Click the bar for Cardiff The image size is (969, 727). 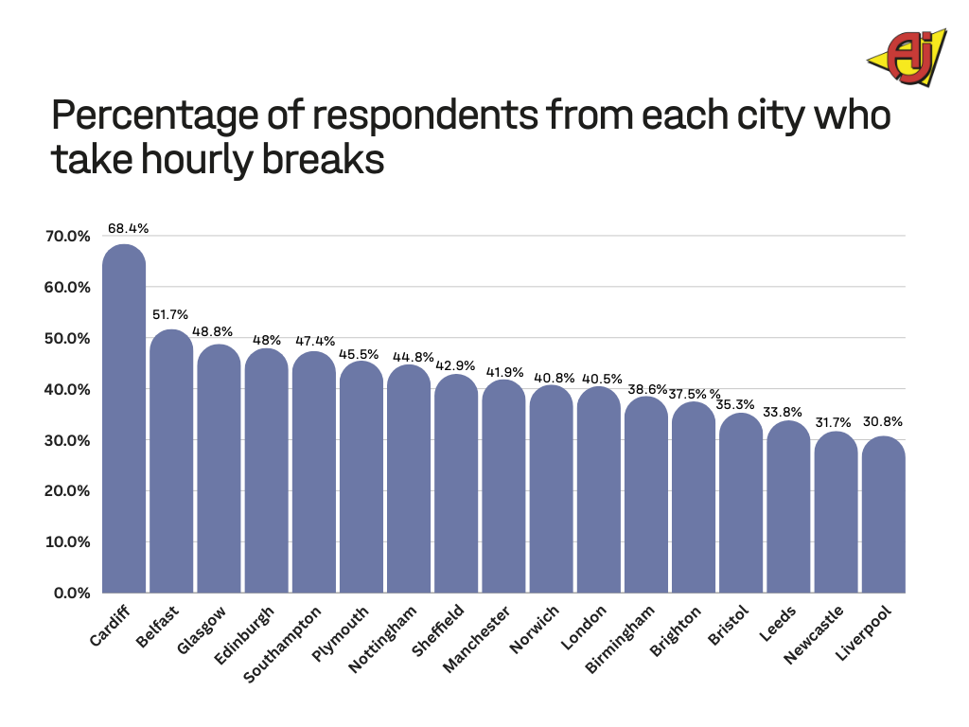pyautogui.click(x=124, y=421)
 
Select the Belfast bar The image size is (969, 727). pyautogui.click(x=171, y=464)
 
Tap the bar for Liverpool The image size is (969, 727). pyautogui.click(x=883, y=516)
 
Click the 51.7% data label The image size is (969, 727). pyautogui.click(x=171, y=314)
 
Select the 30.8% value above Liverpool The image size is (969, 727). pyautogui.click(x=884, y=421)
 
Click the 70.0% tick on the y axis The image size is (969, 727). pyautogui.click(x=67, y=237)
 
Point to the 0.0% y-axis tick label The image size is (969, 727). pyautogui.click(x=71, y=593)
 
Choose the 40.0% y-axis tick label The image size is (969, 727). pyautogui.click(x=67, y=389)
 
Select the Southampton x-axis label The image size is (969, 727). pyautogui.click(x=283, y=645)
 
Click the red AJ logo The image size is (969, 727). pyautogui.click(x=906, y=57)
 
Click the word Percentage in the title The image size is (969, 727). pyautogui.click(x=158, y=115)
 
